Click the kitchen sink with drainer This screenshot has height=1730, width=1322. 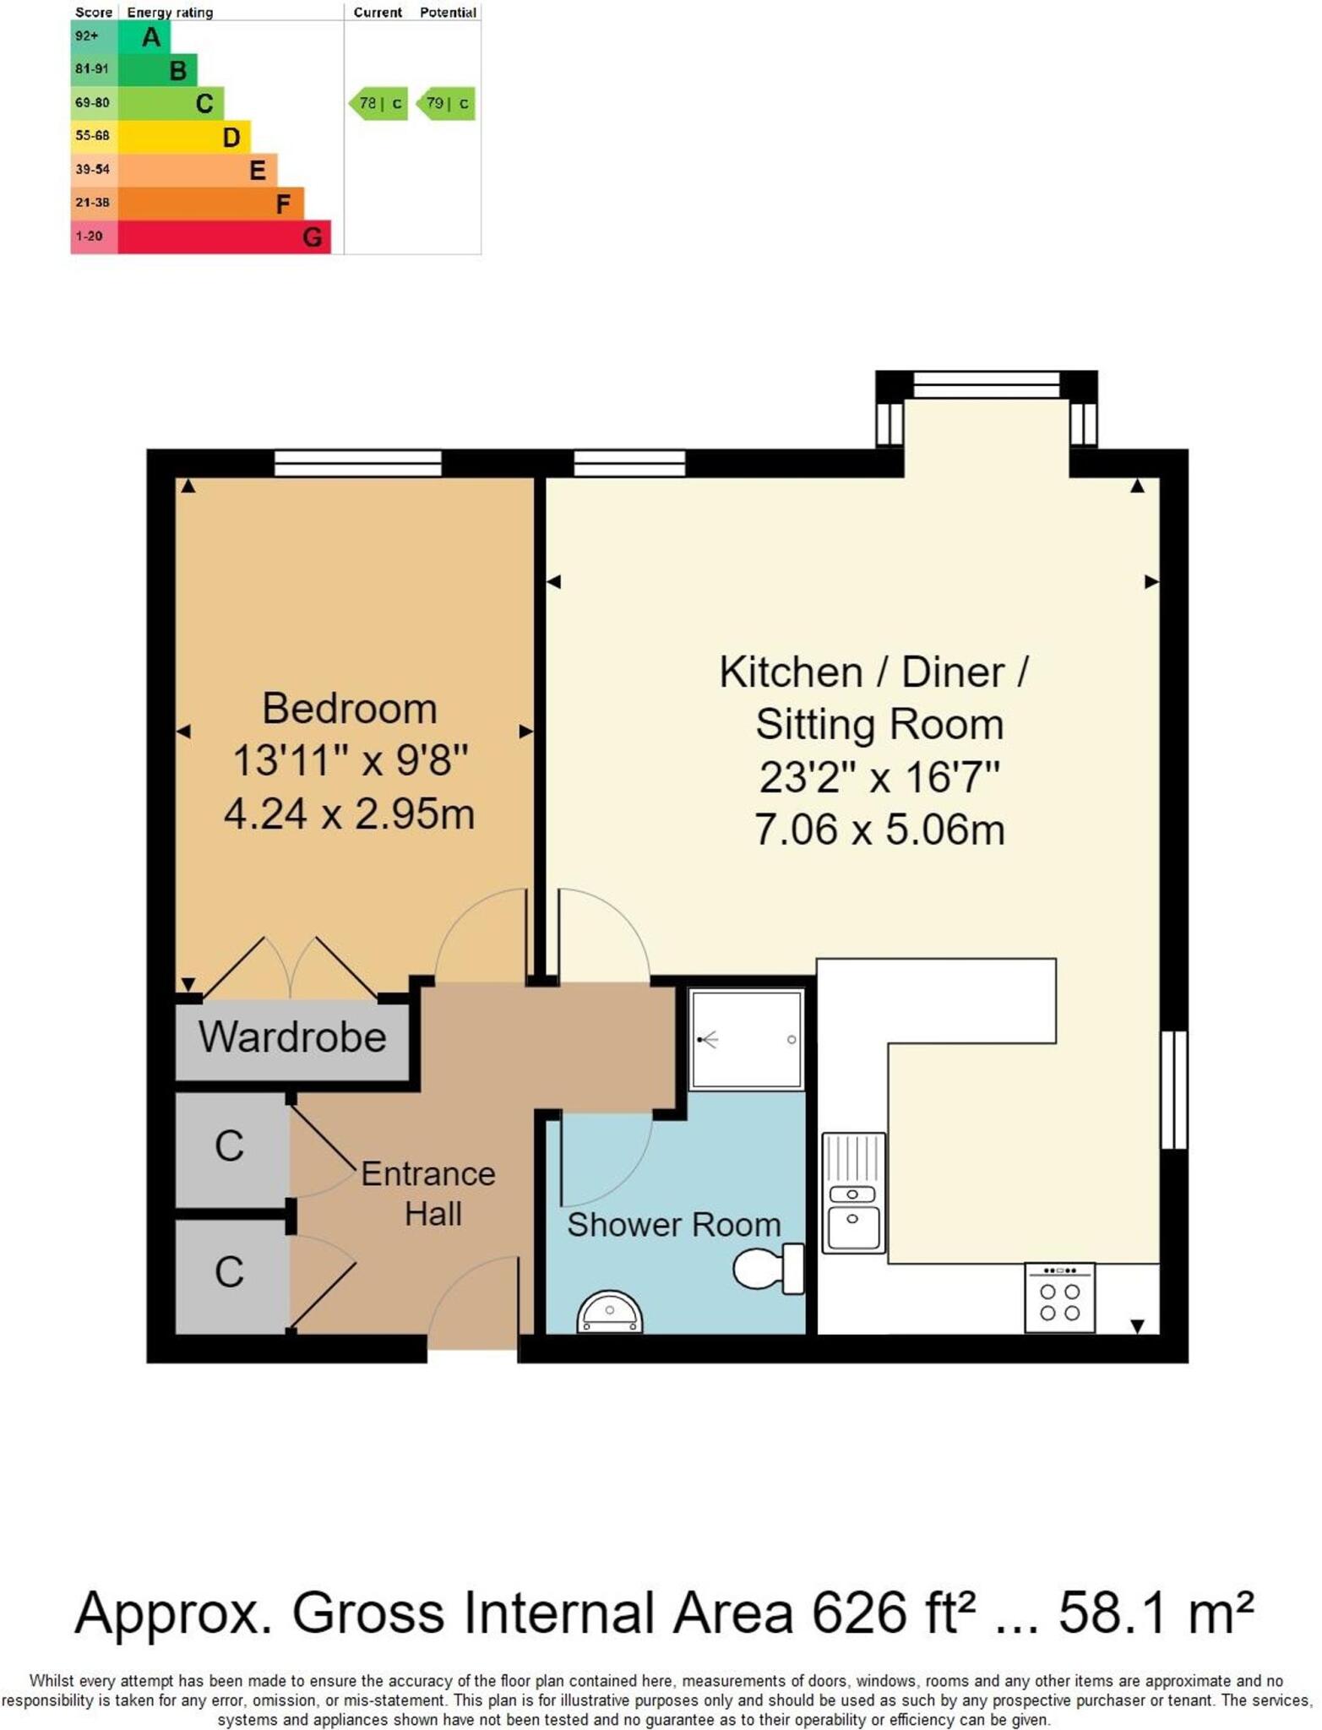853,1193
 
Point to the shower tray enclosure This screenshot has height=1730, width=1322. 746,1040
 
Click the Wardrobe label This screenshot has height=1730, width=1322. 292,1037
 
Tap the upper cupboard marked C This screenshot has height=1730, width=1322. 230,1147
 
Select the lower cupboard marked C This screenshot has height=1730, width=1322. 230,1272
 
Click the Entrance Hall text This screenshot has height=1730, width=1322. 429,1194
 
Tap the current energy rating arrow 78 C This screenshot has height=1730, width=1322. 378,103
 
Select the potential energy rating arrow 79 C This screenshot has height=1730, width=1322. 446,103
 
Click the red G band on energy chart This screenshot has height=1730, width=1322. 224,237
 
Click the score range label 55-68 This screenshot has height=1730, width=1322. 93,136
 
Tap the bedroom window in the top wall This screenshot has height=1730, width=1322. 357,463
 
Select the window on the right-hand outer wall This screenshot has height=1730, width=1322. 1174,1090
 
